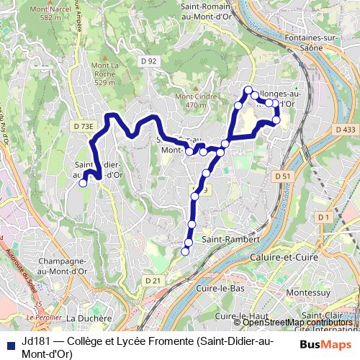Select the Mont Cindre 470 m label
point(191,101)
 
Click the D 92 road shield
point(149,62)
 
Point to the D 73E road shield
point(84,126)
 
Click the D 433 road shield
point(346,129)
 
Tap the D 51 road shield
point(283,176)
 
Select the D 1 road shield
point(323,217)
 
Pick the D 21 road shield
point(151,280)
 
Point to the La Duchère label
point(89,318)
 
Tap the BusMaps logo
point(326,345)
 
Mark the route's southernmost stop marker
point(185,251)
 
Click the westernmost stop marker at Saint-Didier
point(83,183)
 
